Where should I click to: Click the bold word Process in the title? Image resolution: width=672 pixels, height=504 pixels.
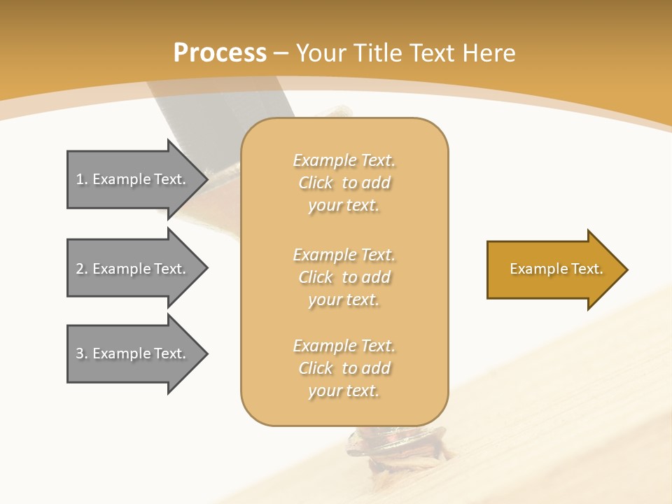click(x=220, y=53)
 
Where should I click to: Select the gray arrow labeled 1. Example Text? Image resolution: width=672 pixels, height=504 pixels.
click(x=133, y=179)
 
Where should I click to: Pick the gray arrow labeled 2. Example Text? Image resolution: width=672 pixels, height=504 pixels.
click(x=133, y=268)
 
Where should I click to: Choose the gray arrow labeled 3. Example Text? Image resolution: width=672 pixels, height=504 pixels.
click(x=133, y=353)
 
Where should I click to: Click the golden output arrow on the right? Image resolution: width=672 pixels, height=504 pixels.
click(x=553, y=269)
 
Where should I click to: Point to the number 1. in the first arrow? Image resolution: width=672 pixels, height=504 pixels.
click(x=82, y=179)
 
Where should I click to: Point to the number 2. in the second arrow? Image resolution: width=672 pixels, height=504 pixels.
click(x=82, y=269)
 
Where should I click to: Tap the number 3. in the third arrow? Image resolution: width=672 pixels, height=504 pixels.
click(x=82, y=353)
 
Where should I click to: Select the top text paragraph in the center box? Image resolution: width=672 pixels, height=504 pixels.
click(x=344, y=183)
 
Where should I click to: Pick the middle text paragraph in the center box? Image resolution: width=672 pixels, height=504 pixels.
click(x=344, y=277)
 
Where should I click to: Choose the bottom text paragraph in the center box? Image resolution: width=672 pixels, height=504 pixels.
click(x=344, y=368)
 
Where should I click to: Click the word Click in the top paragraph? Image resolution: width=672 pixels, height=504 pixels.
click(x=316, y=183)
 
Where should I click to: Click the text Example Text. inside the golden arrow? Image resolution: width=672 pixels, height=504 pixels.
click(x=556, y=269)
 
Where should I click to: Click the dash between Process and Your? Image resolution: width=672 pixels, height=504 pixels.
click(x=281, y=53)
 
